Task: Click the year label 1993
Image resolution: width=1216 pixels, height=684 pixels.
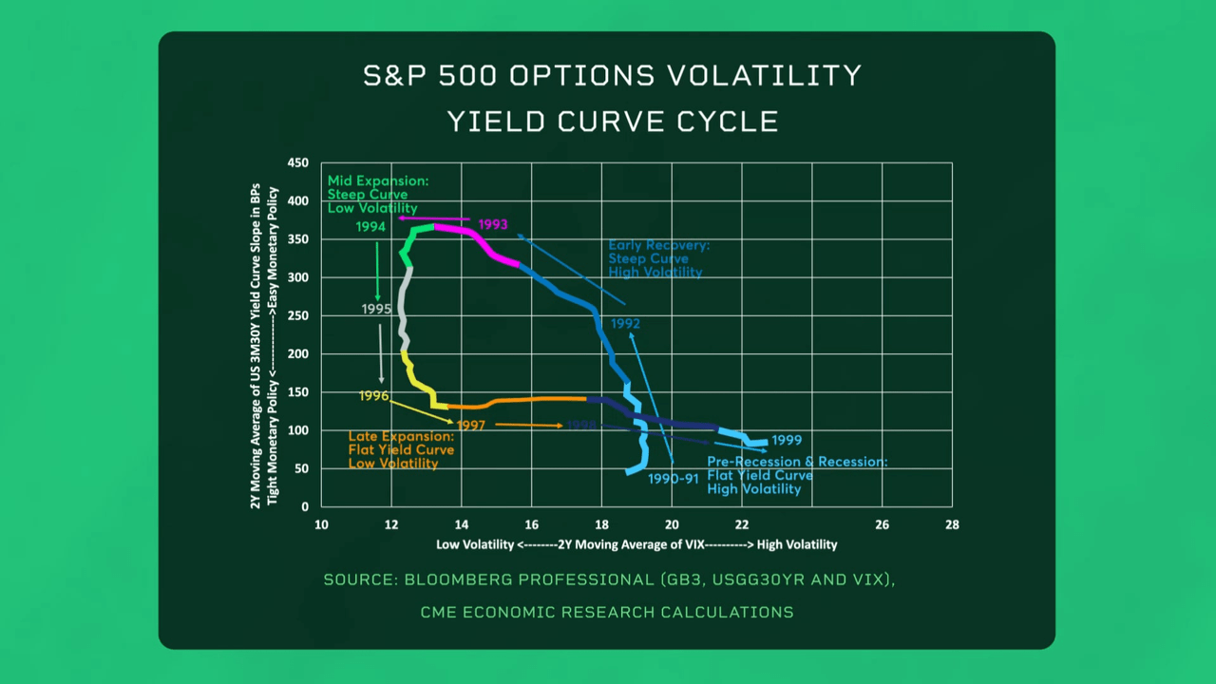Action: click(x=492, y=225)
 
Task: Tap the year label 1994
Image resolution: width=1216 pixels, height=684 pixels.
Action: click(x=370, y=227)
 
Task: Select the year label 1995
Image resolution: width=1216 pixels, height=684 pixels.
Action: click(x=376, y=310)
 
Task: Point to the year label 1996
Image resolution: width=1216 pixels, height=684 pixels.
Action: click(x=373, y=395)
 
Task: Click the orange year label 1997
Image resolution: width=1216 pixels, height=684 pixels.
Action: click(x=470, y=426)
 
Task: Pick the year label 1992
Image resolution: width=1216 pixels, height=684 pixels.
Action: click(x=625, y=324)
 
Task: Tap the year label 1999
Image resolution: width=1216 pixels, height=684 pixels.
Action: click(x=787, y=441)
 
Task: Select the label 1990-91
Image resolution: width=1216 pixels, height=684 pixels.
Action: click(x=674, y=479)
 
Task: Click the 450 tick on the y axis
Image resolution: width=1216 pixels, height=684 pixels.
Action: click(x=297, y=163)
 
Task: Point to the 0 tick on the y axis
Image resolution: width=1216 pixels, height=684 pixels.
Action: click(x=304, y=507)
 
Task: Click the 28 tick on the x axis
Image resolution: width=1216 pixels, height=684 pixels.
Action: click(x=952, y=524)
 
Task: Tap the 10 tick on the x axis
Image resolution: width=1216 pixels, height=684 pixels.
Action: click(x=321, y=524)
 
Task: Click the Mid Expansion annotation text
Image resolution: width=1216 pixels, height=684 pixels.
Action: click(x=377, y=195)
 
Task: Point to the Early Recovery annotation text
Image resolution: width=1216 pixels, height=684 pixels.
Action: click(x=657, y=258)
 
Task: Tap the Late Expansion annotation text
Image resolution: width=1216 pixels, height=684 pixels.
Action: click(x=401, y=449)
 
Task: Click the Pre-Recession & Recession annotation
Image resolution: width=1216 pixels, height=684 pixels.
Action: click(x=796, y=475)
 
